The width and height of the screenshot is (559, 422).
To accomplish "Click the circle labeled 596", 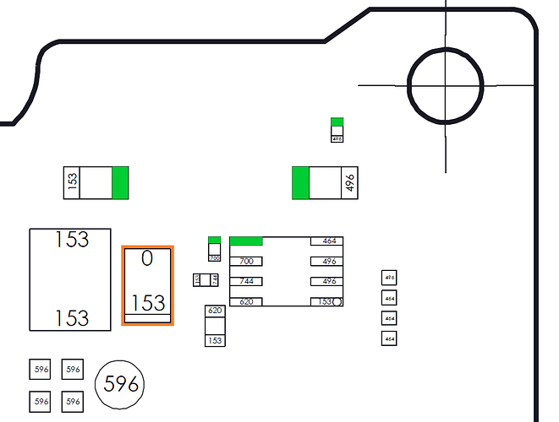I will pyautogui.click(x=119, y=384).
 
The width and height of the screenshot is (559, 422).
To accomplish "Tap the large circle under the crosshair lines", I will pyautogui.click(x=446, y=85).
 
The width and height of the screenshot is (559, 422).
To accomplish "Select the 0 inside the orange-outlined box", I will pyautogui.click(x=147, y=259).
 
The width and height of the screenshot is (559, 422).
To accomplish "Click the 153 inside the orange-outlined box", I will pyautogui.click(x=148, y=303).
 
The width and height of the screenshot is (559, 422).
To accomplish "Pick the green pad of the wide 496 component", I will pyautogui.click(x=300, y=183).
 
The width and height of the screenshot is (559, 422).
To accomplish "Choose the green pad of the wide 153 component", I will pyautogui.click(x=120, y=182).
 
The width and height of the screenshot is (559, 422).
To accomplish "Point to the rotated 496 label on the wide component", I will pyautogui.click(x=349, y=183).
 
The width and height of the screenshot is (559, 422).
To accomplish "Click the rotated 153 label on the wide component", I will pyautogui.click(x=72, y=182).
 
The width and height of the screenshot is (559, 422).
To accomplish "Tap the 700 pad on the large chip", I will pyautogui.click(x=246, y=262).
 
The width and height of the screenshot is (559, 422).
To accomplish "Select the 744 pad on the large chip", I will pyautogui.click(x=246, y=281).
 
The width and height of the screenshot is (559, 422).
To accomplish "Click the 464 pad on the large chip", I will pyautogui.click(x=327, y=241).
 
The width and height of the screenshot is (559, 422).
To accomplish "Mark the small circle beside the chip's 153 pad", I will pyautogui.click(x=337, y=301).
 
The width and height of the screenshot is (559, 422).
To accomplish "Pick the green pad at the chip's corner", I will pyautogui.click(x=246, y=241).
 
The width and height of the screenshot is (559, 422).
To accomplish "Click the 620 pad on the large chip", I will pyautogui.click(x=246, y=301).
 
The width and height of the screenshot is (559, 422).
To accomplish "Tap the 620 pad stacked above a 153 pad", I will pyautogui.click(x=215, y=311).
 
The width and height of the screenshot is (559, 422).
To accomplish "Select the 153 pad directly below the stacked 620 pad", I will pyautogui.click(x=215, y=340).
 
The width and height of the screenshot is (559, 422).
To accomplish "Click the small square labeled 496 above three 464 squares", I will pyautogui.click(x=389, y=278).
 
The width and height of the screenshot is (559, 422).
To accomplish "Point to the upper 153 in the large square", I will pyautogui.click(x=72, y=240).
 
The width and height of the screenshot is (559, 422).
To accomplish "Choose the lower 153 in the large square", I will pyautogui.click(x=72, y=318).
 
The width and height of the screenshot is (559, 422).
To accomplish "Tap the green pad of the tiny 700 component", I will pyautogui.click(x=214, y=241).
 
